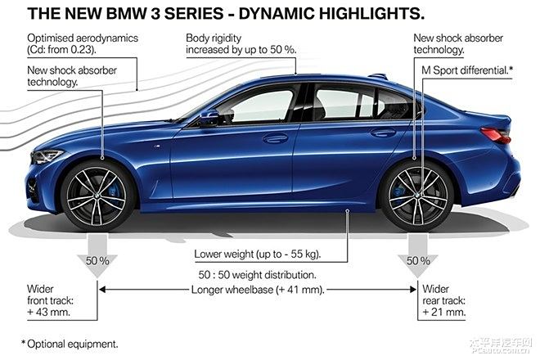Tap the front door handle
pos(275,138)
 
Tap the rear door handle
pos(382,133)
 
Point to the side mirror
pos(209,117)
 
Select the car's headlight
pos(47,155)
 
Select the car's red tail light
pos(495,135)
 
